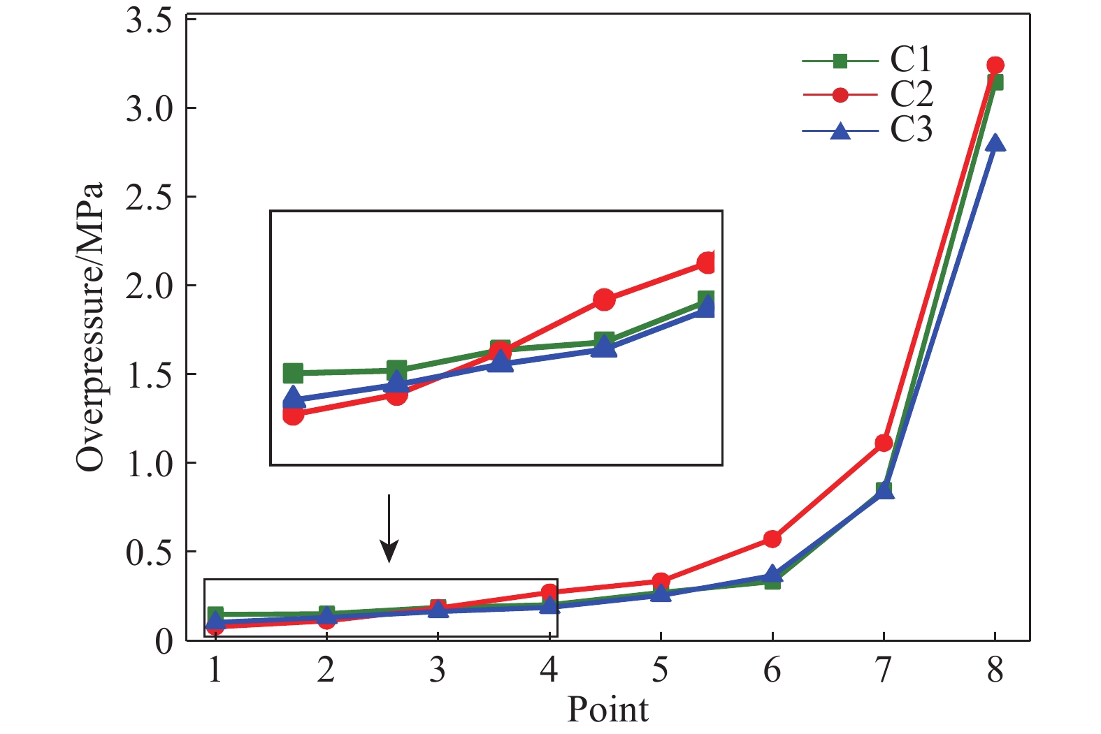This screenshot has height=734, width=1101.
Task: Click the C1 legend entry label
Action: (911, 59)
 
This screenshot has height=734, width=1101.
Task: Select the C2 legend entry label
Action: (911, 94)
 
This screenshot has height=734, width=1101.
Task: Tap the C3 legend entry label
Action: (911, 129)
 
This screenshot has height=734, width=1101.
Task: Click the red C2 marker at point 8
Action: (995, 65)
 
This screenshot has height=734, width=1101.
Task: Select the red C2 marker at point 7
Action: (884, 443)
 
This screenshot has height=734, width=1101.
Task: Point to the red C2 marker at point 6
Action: (772, 538)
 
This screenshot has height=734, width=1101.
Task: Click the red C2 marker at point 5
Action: (661, 581)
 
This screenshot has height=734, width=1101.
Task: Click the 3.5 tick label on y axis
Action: (149, 21)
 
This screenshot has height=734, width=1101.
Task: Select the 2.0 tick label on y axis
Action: (149, 286)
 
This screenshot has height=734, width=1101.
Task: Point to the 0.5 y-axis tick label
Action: (149, 552)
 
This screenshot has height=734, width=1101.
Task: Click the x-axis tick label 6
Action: (772, 670)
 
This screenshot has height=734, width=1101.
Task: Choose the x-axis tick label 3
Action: (438, 670)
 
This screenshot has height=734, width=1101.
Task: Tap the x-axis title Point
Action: (607, 710)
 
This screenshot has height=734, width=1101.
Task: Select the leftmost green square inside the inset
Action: (293, 373)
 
